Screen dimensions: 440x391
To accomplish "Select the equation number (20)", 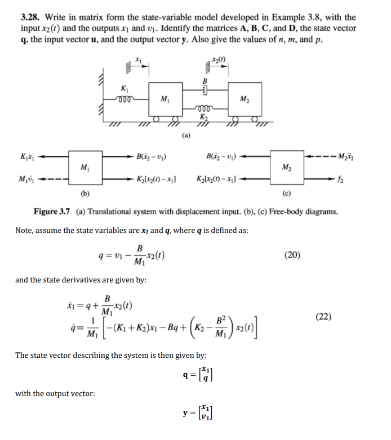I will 292,254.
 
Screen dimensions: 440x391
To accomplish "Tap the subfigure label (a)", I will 186,135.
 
